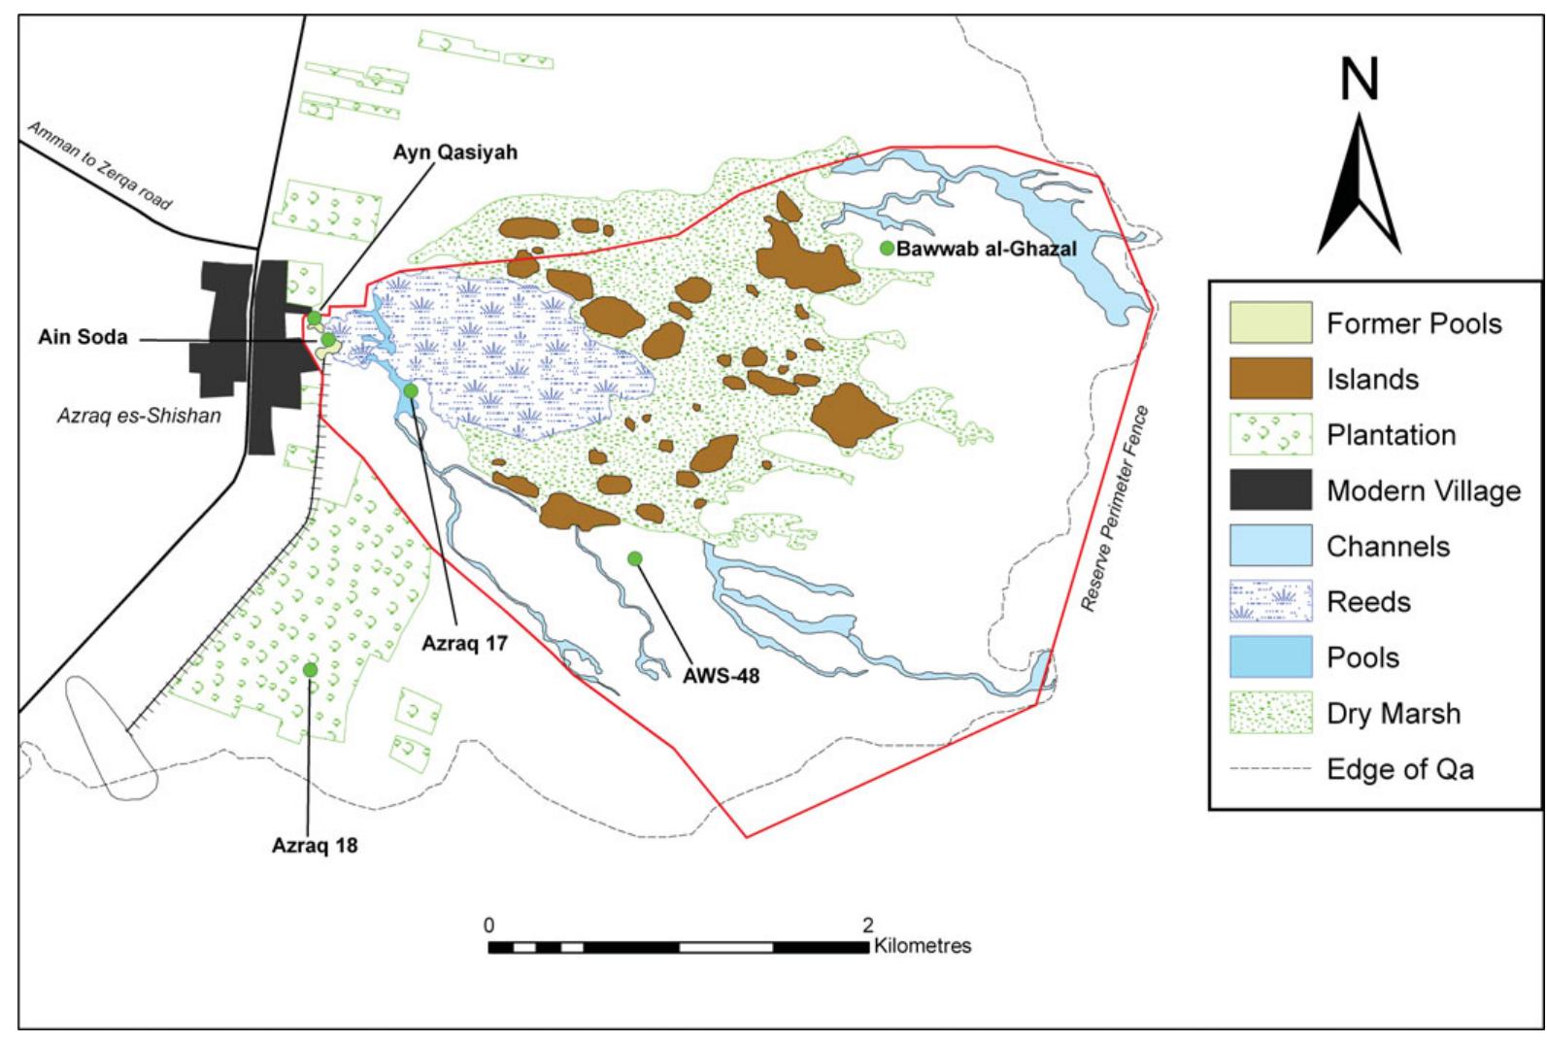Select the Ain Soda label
click(x=84, y=339)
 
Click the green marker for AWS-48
click(x=635, y=557)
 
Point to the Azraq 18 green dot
click(x=310, y=669)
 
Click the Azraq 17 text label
click(x=465, y=642)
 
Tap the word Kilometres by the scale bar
click(x=923, y=945)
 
